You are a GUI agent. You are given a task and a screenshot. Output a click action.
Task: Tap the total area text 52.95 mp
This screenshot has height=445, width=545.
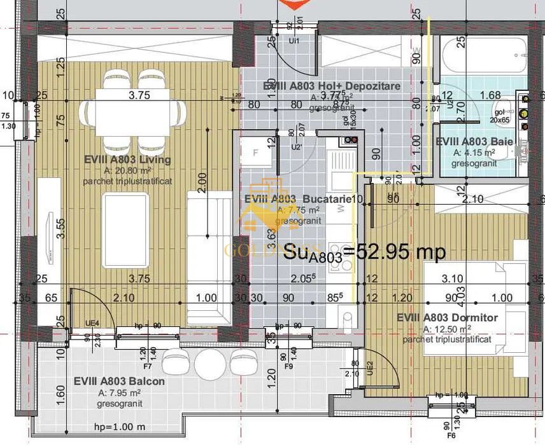click(364, 250)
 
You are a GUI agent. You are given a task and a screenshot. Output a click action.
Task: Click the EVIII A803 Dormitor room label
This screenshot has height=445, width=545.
click(448, 317)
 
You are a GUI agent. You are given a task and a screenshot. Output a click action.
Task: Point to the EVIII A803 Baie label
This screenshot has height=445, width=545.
click(474, 142)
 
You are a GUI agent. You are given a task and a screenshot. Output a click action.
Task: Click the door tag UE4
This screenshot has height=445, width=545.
click(92, 324)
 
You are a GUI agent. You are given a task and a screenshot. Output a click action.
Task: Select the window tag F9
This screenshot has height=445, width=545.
click(288, 367)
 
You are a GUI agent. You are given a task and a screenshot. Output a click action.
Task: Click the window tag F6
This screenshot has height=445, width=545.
click(451, 437)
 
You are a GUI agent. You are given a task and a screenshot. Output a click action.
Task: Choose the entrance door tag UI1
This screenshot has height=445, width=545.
click(294, 40)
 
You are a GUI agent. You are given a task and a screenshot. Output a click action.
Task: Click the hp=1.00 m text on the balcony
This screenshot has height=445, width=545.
click(118, 427)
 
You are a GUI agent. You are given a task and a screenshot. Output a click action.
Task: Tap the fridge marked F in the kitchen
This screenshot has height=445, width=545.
click(255, 153)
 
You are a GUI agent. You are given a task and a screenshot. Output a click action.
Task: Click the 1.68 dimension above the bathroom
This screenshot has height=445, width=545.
click(490, 95)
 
